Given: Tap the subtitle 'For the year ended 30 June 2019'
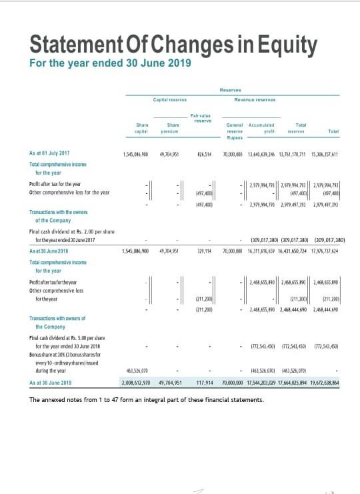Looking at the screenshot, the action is coord(111,63).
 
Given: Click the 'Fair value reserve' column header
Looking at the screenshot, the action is coord(203,118).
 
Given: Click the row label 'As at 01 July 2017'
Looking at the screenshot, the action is coord(50,153).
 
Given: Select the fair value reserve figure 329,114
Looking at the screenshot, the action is coord(203,251).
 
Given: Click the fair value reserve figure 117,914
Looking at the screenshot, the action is coord(205,383).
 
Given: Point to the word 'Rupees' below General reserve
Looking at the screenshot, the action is coord(235,138).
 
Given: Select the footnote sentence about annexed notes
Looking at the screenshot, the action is coord(147,400).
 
